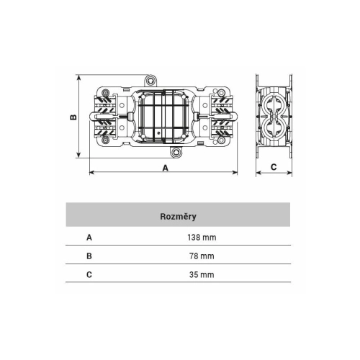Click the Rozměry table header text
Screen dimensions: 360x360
(x=178, y=217)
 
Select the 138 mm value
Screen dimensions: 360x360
(x=202, y=238)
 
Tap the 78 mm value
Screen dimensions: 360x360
(x=202, y=256)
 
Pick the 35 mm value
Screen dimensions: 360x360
(x=202, y=274)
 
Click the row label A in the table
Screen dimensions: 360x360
(x=89, y=238)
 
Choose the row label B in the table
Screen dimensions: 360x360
(x=89, y=256)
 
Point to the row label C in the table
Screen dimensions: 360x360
(x=89, y=274)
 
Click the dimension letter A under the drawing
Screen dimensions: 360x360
(x=166, y=168)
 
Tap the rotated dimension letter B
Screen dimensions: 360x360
(x=73, y=117)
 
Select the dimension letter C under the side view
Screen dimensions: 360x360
(x=274, y=167)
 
